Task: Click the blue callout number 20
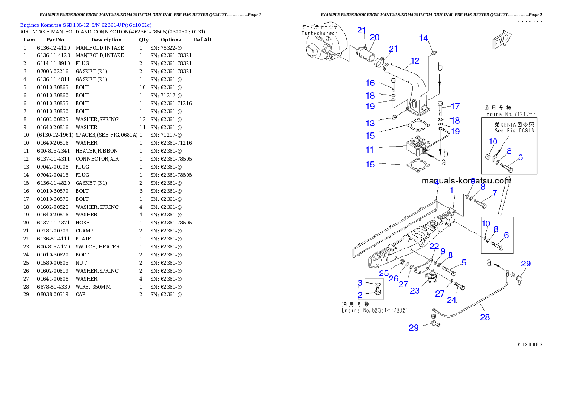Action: (375, 37)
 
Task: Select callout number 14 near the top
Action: (424, 38)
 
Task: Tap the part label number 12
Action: (415, 60)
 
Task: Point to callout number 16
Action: (370, 83)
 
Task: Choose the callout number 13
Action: (370, 124)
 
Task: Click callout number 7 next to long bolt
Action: (494, 193)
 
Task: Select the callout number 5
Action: (464, 263)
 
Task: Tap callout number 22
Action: (434, 247)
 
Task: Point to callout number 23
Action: (415, 291)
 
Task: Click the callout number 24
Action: (452, 299)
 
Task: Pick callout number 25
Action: (383, 273)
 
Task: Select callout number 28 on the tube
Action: (485, 317)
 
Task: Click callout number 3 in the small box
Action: (360, 283)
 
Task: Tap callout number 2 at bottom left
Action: (360, 295)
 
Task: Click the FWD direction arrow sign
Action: (502, 43)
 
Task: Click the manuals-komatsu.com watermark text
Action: (466, 180)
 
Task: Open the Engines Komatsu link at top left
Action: (85, 25)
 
